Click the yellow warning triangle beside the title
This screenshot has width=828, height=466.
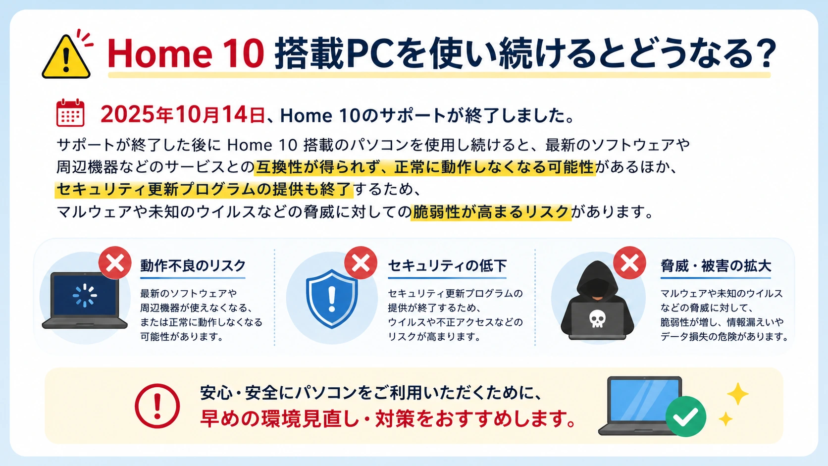[x=66, y=57]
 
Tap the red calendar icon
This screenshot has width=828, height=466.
[x=70, y=113]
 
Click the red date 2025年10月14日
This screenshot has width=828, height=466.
[x=182, y=115]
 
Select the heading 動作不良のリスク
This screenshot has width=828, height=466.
[x=193, y=266]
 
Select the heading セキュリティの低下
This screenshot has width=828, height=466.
[x=447, y=266]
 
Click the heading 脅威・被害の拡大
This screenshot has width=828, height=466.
[x=716, y=266]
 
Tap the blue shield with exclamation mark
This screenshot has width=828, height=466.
[x=332, y=298]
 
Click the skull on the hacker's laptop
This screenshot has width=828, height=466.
[x=597, y=318]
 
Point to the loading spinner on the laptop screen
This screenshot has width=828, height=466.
[x=85, y=295]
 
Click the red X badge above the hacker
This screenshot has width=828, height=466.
[x=629, y=263]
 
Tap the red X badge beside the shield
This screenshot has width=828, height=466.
[x=361, y=263]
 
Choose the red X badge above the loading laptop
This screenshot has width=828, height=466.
[x=115, y=263]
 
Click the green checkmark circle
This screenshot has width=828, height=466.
[x=685, y=416]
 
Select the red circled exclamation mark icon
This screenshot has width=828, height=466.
[x=157, y=406]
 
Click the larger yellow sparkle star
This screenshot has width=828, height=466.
[x=737, y=394]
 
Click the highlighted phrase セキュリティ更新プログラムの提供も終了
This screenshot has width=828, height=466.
[x=204, y=189]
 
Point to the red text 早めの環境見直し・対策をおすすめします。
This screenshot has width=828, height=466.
[x=389, y=419]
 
